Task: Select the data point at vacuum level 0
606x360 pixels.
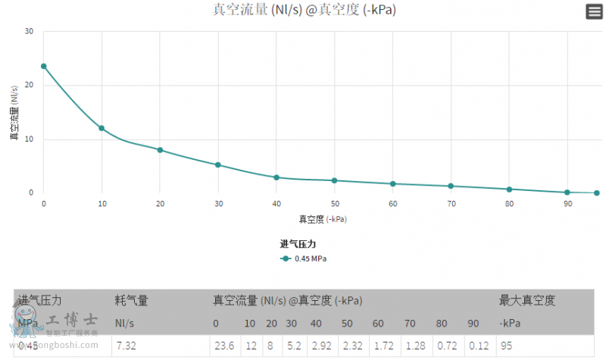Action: pyautogui.click(x=44, y=66)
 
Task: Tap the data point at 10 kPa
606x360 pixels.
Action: pyautogui.click(x=102, y=128)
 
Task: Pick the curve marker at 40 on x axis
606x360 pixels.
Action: pyautogui.click(x=276, y=177)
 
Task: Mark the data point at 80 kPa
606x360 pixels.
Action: pyautogui.click(x=509, y=189)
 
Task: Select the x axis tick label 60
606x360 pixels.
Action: pyautogui.click(x=392, y=204)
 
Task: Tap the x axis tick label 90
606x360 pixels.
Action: pyautogui.click(x=567, y=204)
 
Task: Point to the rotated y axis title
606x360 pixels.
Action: pyautogui.click(x=14, y=113)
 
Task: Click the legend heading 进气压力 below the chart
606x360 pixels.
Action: pyautogui.click(x=297, y=244)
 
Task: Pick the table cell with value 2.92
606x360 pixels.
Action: pyautogui.click(x=317, y=346)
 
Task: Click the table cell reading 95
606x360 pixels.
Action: pyautogui.click(x=505, y=346)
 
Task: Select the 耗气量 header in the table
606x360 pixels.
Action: pyautogui.click(x=131, y=300)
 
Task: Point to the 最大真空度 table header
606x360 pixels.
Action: pyautogui.click(x=527, y=300)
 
